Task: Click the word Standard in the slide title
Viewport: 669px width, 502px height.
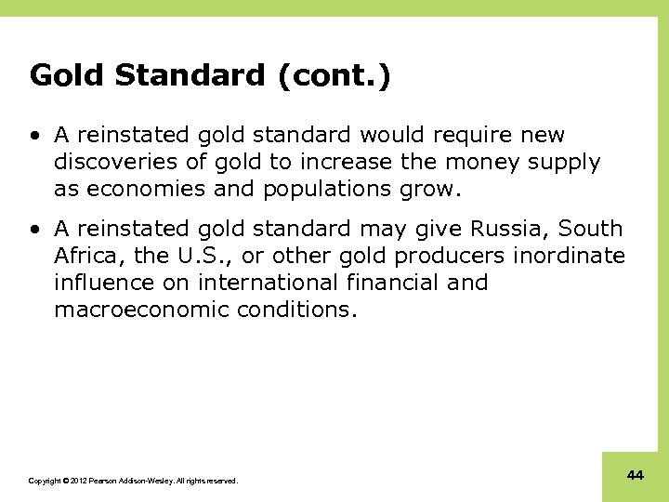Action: coord(190,75)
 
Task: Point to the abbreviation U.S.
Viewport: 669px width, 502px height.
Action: coord(203,256)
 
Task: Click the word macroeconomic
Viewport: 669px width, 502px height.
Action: coord(140,310)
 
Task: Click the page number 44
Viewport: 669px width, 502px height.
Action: coord(636,475)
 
